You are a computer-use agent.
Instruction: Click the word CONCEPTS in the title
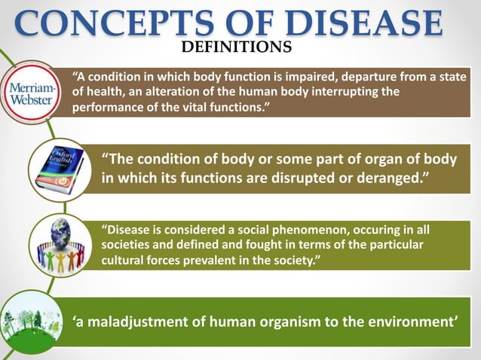pyautogui.click(x=93, y=23)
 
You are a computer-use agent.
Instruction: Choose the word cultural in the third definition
pyautogui.click(x=124, y=260)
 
